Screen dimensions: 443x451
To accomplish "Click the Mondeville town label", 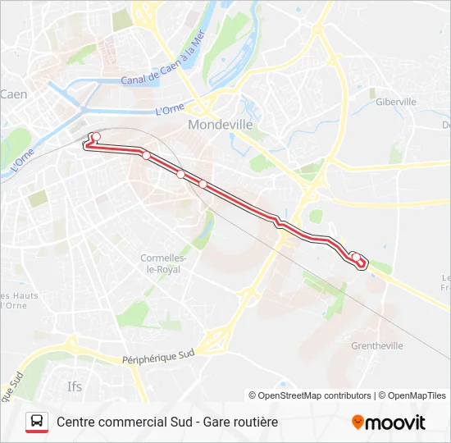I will point(219,126).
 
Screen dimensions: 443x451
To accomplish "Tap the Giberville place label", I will point(396,102).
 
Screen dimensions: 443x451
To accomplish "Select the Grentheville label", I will point(377,346).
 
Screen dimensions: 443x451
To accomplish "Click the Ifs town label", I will point(75,385).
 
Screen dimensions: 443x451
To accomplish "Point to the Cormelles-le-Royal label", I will point(164,263).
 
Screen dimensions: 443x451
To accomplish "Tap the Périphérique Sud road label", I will point(157,356).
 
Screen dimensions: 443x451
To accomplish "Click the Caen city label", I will point(13,94).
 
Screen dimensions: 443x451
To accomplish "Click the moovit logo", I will point(389,422).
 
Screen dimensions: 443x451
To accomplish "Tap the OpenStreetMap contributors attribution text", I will point(310,395).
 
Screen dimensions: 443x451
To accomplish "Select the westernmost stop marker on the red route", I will point(96,136).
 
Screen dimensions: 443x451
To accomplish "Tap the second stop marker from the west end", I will point(146,155).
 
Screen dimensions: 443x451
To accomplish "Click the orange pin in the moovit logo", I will point(358,422).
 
